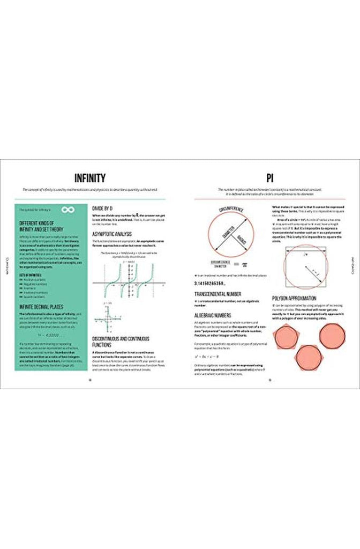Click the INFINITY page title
coord(90,177)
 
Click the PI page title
coord(269,177)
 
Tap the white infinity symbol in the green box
coord(68,209)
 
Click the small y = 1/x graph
coord(108,321)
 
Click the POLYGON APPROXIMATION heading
coord(296,298)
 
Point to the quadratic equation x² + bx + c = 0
coord(209,356)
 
